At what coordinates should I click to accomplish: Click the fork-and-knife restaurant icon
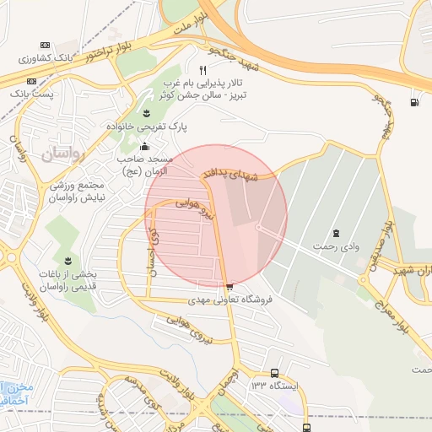tap(202, 69)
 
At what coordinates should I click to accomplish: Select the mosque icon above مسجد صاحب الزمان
tap(144, 146)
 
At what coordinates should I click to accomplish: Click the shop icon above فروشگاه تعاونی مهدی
tap(229, 286)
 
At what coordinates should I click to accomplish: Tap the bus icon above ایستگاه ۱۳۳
tap(274, 373)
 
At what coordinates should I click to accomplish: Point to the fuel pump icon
tap(413, 103)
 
